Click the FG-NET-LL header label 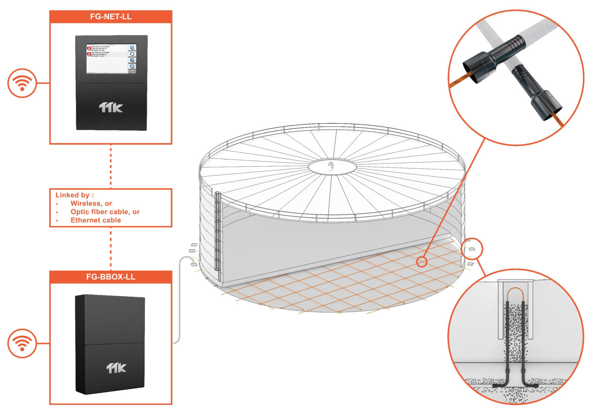111,17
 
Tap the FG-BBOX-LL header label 111,277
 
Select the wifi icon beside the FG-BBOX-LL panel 22,343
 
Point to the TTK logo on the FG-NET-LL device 111,107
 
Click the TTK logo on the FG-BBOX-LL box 116,368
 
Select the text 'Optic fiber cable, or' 105,212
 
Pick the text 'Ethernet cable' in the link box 96,220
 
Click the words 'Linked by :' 74,195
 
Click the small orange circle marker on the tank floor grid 422,261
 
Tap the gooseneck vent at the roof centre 332,166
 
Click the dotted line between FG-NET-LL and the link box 111,166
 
